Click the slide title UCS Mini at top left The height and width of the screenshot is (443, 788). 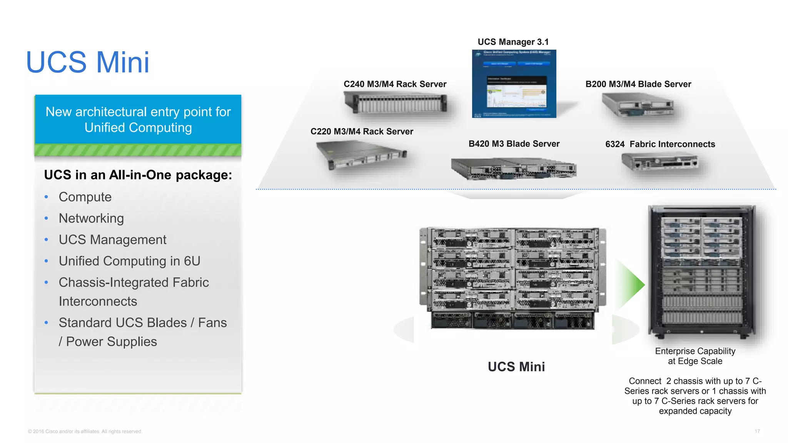click(88, 62)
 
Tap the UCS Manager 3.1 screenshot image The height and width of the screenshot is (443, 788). click(514, 84)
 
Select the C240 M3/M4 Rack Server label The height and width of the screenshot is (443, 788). click(395, 84)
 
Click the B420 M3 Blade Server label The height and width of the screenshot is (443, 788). click(514, 144)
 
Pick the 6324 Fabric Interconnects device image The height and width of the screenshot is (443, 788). click(659, 162)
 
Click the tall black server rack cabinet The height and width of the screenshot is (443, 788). click(702, 271)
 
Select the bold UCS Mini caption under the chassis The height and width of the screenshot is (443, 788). click(516, 367)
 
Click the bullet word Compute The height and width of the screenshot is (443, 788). click(85, 197)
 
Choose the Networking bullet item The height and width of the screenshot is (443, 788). click(91, 218)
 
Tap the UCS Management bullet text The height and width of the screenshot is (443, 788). click(112, 240)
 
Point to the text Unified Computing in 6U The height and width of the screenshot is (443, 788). click(129, 261)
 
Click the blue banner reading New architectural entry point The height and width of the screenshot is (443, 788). click(138, 120)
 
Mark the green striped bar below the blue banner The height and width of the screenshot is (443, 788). click(138, 150)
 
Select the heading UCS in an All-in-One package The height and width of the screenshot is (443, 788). click(138, 175)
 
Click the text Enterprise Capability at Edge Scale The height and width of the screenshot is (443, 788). click(695, 356)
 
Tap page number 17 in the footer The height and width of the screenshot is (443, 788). click(757, 431)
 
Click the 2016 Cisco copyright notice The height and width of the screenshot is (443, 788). click(85, 431)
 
